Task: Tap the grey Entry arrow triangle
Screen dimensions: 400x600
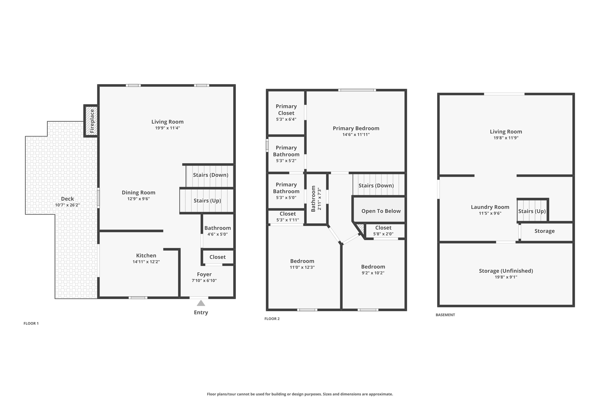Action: pyautogui.click(x=201, y=303)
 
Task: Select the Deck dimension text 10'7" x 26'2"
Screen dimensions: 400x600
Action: pyautogui.click(x=67, y=205)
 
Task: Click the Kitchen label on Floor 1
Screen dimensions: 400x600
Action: pyautogui.click(x=146, y=256)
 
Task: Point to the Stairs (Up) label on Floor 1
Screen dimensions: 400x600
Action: pyautogui.click(x=207, y=201)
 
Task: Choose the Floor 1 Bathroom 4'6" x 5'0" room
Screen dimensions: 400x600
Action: pyautogui.click(x=217, y=231)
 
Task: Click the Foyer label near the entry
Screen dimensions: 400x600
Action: pyautogui.click(x=204, y=274)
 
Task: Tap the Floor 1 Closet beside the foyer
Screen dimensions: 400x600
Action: pyautogui.click(x=217, y=257)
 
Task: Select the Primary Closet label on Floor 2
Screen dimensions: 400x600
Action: pyautogui.click(x=286, y=110)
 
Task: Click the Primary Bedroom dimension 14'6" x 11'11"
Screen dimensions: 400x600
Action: pyautogui.click(x=356, y=135)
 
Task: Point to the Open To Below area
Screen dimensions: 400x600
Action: pyautogui.click(x=381, y=211)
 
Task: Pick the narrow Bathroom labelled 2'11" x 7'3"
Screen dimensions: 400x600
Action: pyautogui.click(x=316, y=199)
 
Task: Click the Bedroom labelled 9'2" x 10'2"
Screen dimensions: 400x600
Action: pyautogui.click(x=373, y=270)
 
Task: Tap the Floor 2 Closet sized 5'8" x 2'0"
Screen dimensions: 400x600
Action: pyautogui.click(x=383, y=231)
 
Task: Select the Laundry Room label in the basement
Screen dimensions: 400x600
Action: pyautogui.click(x=490, y=207)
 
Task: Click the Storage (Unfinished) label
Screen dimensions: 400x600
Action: pyautogui.click(x=506, y=271)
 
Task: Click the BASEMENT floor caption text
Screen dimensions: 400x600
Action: pyautogui.click(x=445, y=315)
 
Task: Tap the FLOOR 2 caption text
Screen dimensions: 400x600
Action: pyautogui.click(x=272, y=319)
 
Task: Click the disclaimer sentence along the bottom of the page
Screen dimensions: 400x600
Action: pyautogui.click(x=300, y=394)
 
